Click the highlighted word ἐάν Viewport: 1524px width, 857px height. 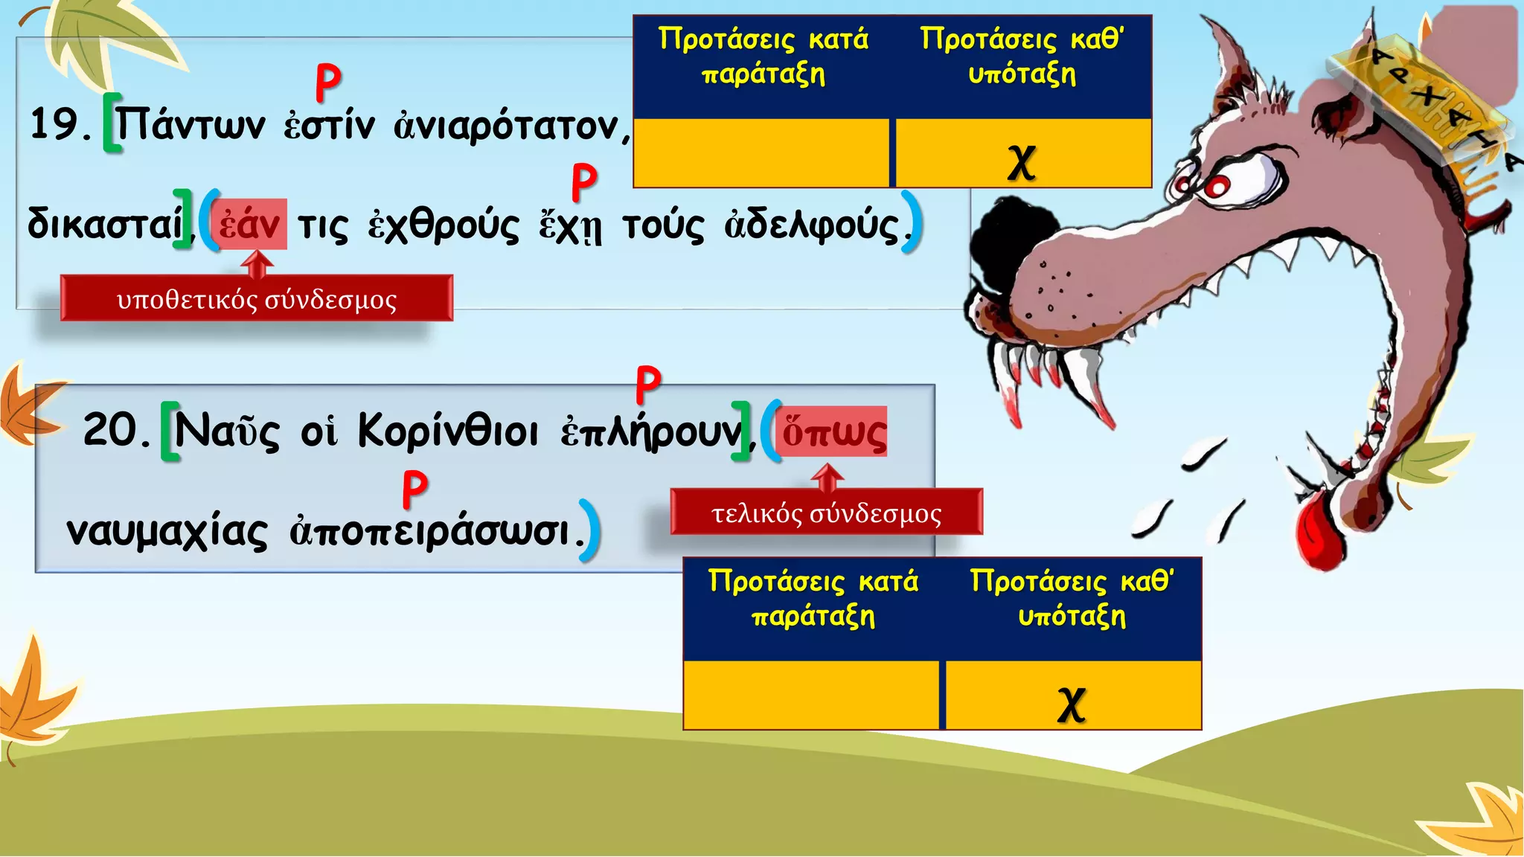pos(249,225)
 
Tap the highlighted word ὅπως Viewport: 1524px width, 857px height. pos(833,432)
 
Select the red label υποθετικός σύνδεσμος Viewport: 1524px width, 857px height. pos(257,299)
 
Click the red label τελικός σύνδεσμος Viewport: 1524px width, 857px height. pos(826,513)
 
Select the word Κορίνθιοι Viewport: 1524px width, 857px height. pos(448,431)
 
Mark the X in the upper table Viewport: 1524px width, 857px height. pos(1022,161)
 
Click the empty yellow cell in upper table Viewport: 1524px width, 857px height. pos(761,153)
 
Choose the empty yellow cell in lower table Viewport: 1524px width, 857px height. pos(811,695)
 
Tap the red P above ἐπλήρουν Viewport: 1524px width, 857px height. pos(648,384)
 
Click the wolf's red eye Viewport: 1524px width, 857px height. pos(1217,186)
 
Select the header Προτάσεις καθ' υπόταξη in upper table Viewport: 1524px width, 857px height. pos(1022,56)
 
